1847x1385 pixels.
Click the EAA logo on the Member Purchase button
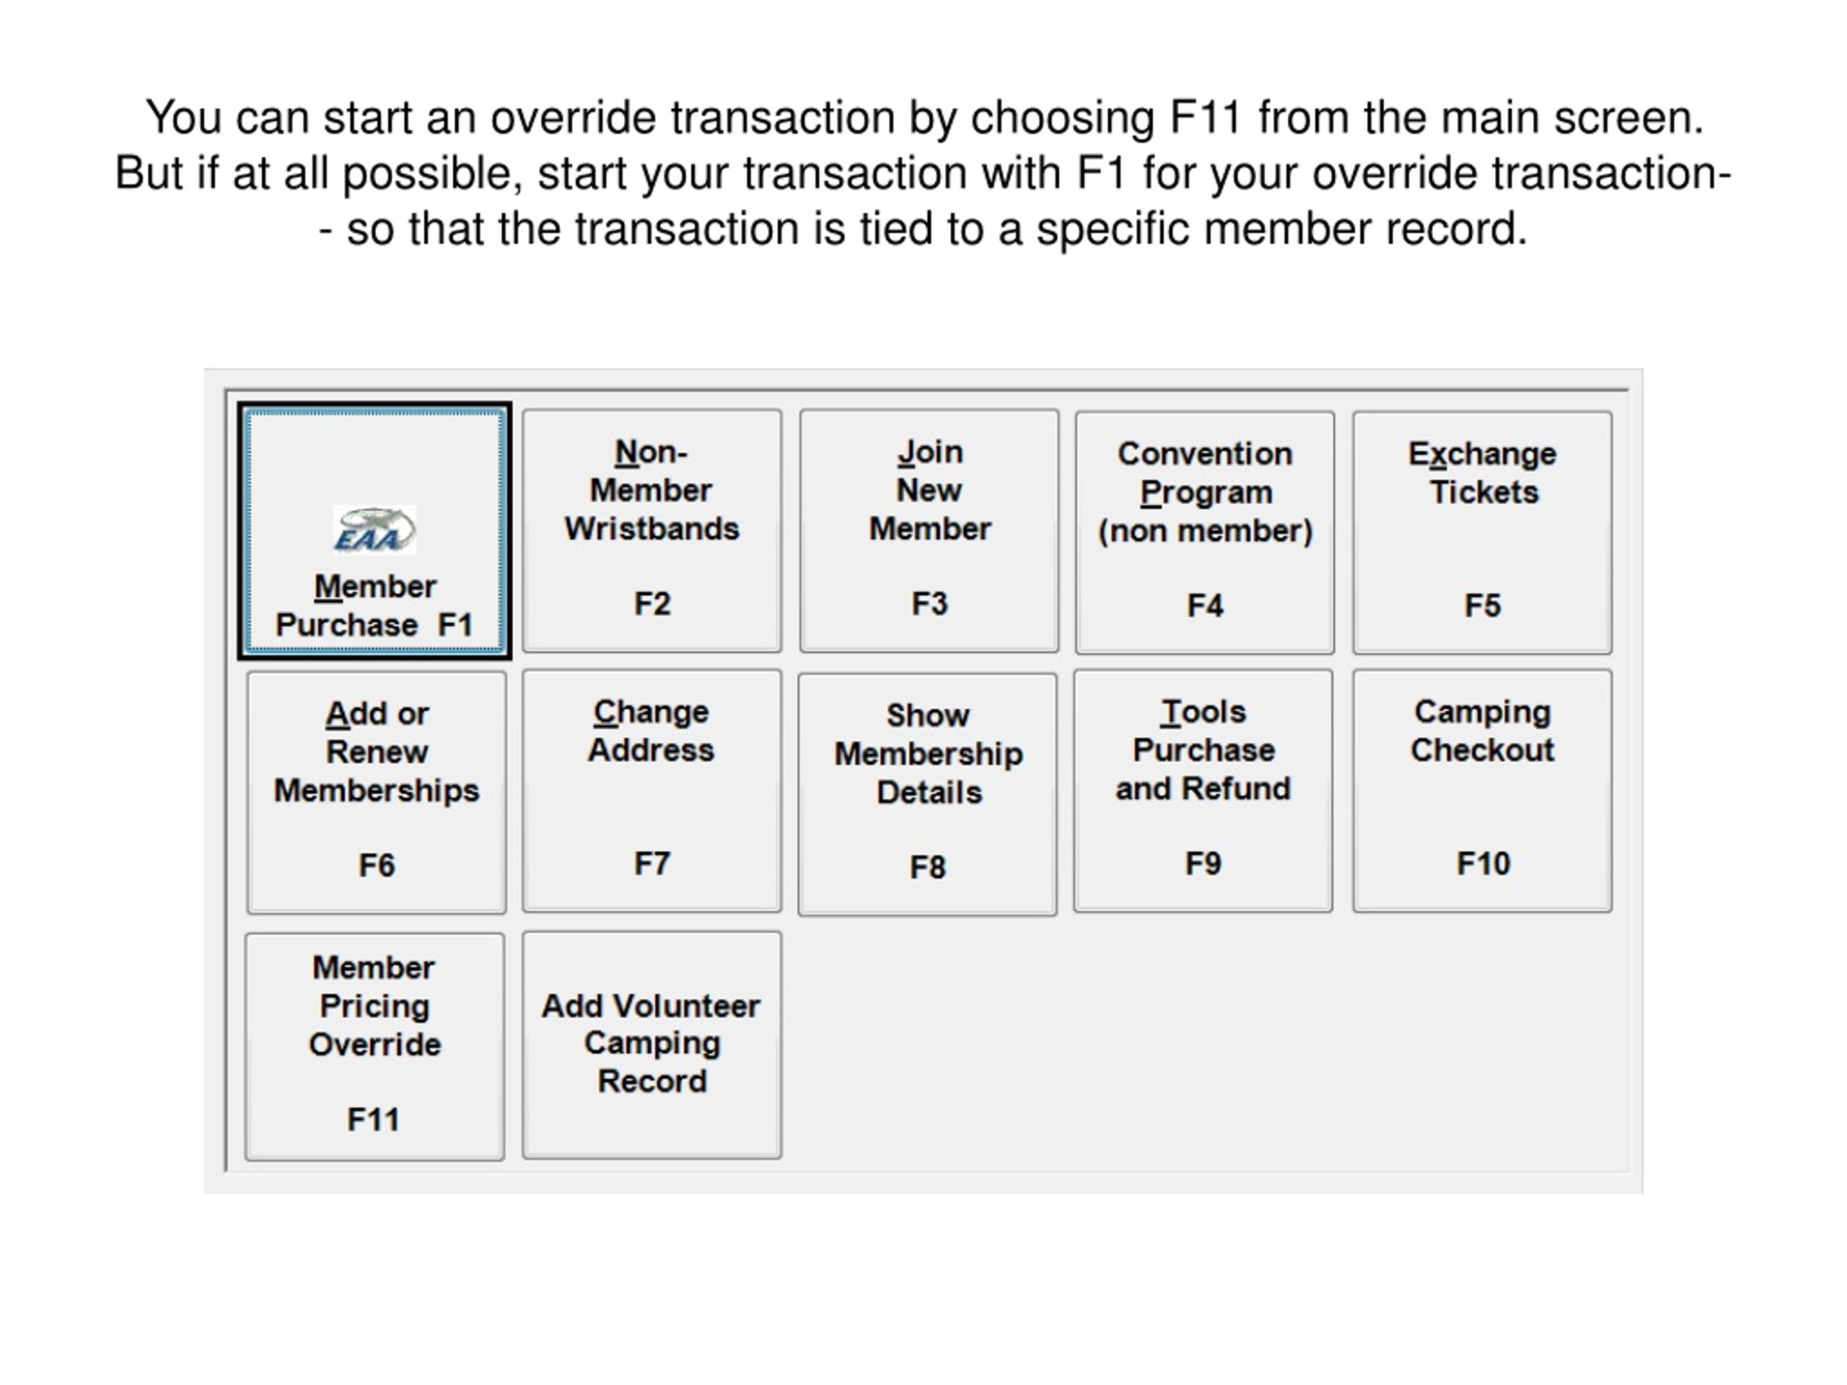(374, 530)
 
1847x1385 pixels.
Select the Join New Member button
(929, 530)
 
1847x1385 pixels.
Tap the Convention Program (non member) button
(1205, 532)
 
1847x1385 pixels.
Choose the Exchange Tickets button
(1482, 532)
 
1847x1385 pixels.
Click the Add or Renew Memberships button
(377, 792)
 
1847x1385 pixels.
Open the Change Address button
(652, 791)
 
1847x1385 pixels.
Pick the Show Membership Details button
(928, 794)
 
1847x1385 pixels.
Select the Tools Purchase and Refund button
(1203, 791)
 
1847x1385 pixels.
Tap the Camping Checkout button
(1482, 791)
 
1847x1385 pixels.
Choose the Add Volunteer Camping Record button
(652, 1045)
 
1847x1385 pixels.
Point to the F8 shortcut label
(928, 867)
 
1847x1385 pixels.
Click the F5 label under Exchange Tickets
(1483, 605)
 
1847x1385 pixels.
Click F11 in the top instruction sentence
(1205, 117)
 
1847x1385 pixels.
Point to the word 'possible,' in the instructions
(432, 175)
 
